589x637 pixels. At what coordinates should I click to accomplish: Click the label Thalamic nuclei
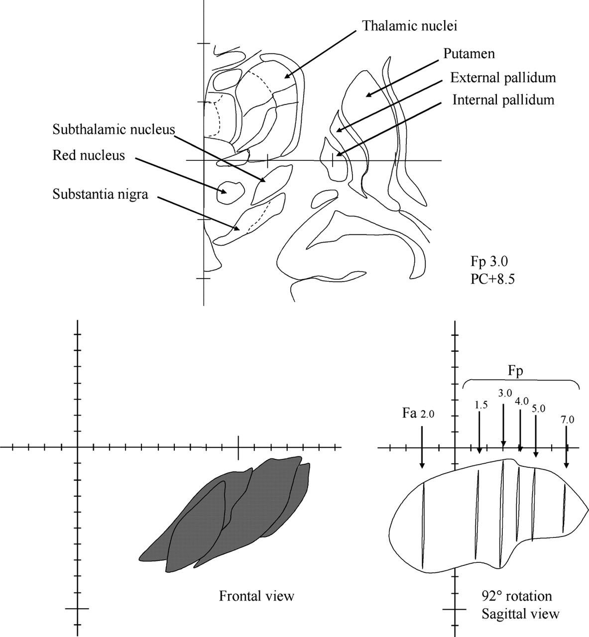tap(410, 26)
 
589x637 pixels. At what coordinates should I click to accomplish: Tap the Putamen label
tap(469, 54)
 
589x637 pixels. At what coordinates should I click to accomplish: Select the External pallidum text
tap(503, 78)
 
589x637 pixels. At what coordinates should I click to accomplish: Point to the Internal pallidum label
tap(503, 100)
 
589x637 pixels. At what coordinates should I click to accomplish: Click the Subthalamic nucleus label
tap(114, 129)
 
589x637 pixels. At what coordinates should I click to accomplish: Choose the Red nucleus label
tap(89, 155)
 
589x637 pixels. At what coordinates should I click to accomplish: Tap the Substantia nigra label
tap(101, 195)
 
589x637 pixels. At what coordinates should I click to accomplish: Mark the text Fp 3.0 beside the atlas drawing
tap(489, 262)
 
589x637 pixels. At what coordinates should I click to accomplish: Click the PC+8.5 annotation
tap(492, 279)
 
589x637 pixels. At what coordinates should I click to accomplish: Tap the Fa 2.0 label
tap(418, 414)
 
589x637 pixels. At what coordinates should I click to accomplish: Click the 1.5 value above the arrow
tap(481, 406)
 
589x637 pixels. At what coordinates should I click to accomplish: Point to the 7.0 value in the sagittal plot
tap(567, 420)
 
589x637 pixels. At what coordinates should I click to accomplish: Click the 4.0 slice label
tap(522, 401)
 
